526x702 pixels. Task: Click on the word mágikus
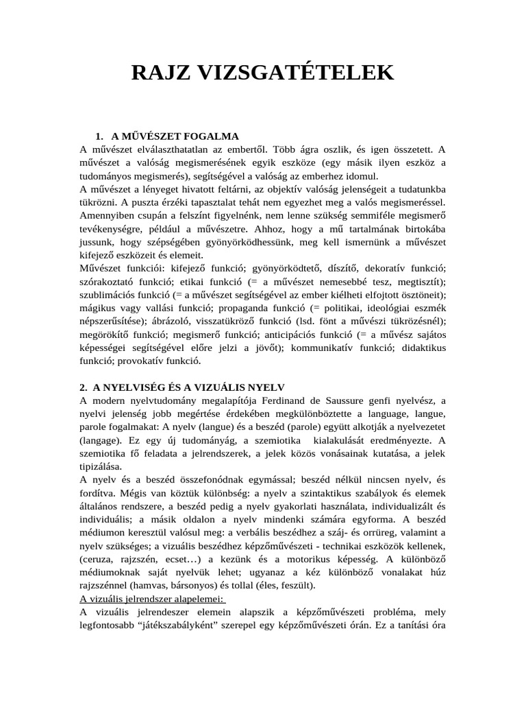pos(100,307)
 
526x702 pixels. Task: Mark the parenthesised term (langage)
pos(101,440)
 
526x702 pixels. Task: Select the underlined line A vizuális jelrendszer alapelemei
pos(153,599)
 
